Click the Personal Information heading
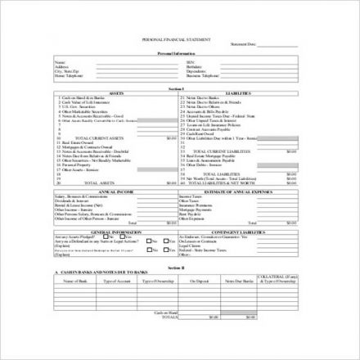[179, 53]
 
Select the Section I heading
[179, 88]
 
